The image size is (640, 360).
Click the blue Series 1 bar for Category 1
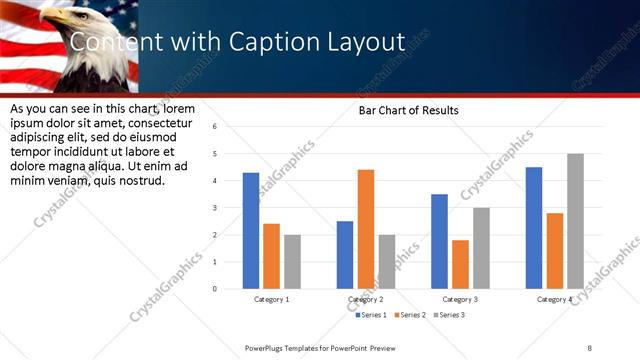[x=251, y=231]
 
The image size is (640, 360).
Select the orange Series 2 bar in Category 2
[x=366, y=229]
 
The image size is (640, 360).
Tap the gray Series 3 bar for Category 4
[x=575, y=221]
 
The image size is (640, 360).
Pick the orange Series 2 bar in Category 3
[x=460, y=264]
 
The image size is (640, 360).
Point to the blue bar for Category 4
[x=534, y=228]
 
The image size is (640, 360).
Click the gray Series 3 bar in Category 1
[x=291, y=262]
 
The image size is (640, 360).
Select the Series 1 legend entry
[x=373, y=315]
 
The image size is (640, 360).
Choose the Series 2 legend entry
[x=411, y=315]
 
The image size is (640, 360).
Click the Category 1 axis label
[x=271, y=299]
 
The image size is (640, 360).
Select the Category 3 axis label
[x=460, y=299]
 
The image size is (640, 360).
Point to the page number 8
[x=589, y=347]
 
